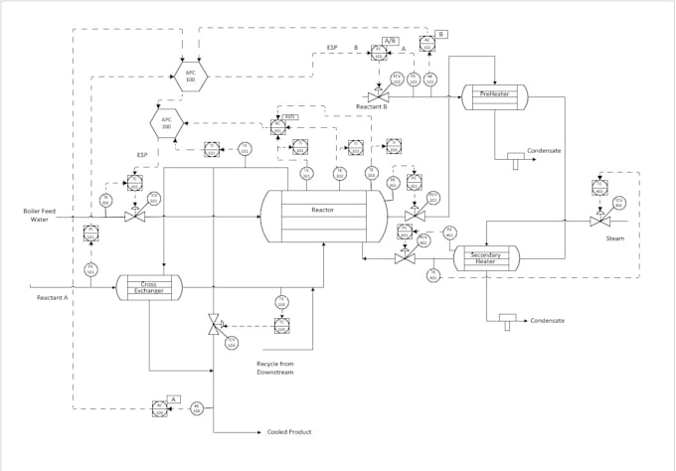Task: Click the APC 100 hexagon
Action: [x=191, y=77]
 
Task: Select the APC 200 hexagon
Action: [x=165, y=124]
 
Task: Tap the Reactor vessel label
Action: [x=322, y=211]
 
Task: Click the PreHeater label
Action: [x=494, y=94]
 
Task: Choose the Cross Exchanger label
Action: [x=149, y=287]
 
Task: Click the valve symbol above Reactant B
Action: [x=378, y=95]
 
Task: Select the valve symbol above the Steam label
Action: [x=598, y=220]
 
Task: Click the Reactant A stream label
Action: [x=52, y=297]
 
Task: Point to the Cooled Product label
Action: [x=288, y=432]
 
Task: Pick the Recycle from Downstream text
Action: [x=275, y=369]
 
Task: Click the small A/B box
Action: [x=390, y=41]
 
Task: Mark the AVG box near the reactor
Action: [x=290, y=116]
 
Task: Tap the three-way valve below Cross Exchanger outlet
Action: [x=213, y=324]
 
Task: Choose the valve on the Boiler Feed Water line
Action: [x=135, y=215]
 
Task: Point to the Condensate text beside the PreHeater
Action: [x=544, y=151]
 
